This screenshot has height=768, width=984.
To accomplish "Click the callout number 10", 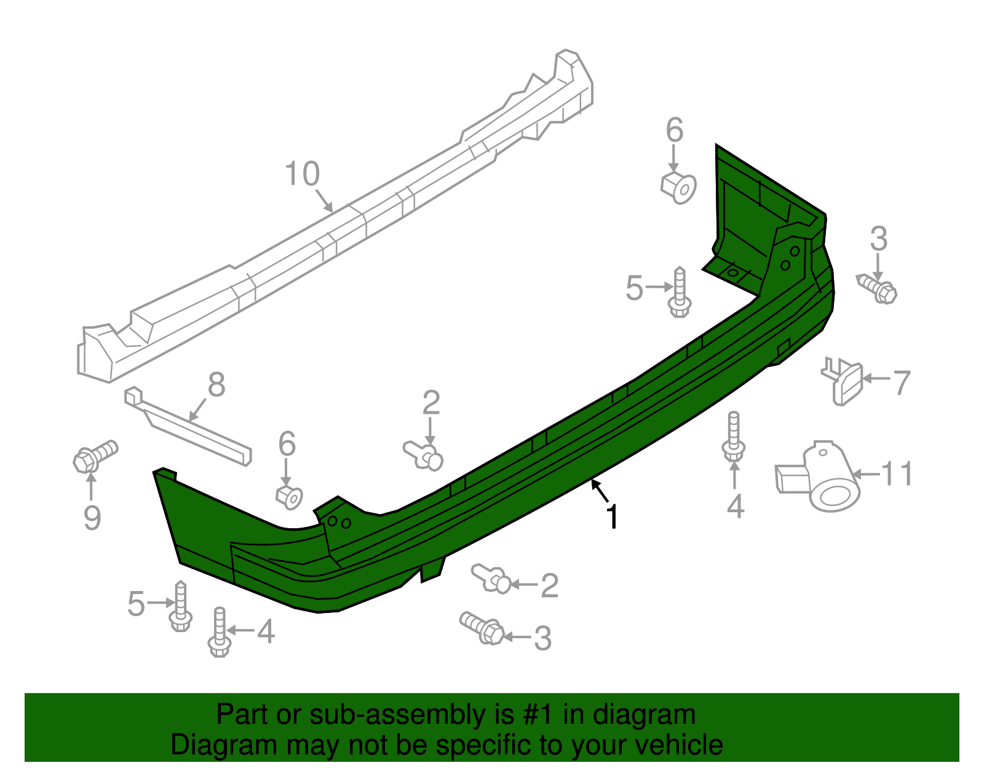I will [x=302, y=174].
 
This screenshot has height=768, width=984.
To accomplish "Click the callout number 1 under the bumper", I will [x=612, y=517].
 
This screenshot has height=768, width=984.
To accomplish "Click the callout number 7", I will [x=901, y=382].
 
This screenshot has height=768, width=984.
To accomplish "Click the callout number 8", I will [x=216, y=386].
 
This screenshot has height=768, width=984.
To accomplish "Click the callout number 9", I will [x=92, y=518].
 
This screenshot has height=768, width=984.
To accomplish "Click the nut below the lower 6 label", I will [x=289, y=496].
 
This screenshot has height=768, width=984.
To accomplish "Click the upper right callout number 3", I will [x=879, y=239].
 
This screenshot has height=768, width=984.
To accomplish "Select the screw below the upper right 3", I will [x=878, y=288].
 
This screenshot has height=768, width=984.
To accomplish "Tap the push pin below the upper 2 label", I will [x=424, y=455].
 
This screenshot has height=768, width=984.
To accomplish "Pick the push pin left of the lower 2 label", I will [x=492, y=579].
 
